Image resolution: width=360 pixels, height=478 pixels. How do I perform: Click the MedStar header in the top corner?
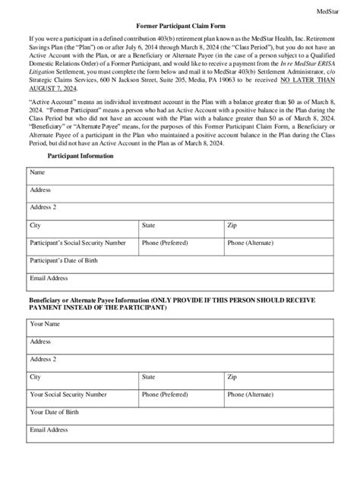338,13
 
